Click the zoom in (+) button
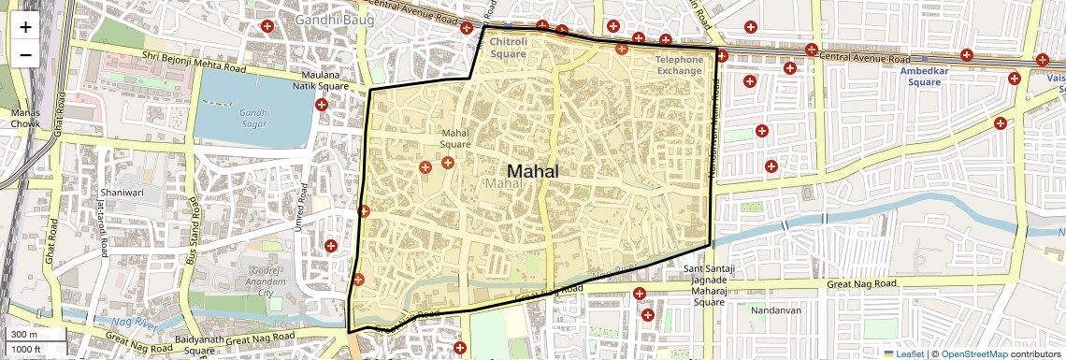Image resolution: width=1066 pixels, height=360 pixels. coord(25,26)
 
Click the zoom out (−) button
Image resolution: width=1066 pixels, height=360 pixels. coord(25,54)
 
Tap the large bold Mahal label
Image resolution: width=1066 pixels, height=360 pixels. coord(532,171)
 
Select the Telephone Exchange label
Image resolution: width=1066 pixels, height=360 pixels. coord(679,65)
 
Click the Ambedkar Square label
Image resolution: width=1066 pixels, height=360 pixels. coord(916,76)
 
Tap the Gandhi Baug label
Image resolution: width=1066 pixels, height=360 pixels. coord(334,20)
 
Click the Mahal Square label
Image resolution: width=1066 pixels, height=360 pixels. coord(455,138)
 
